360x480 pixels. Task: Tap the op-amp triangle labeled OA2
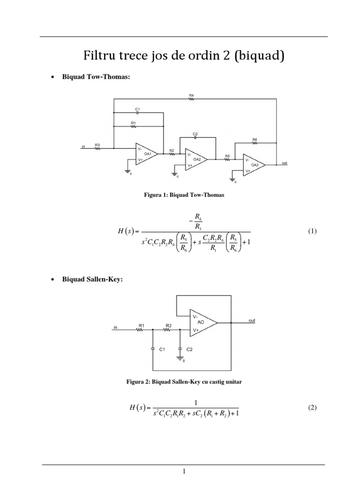coord(196,159)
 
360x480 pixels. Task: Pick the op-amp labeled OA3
coord(254,165)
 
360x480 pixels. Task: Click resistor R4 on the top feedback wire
coord(191,99)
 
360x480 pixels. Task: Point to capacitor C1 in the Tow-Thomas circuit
coord(137,112)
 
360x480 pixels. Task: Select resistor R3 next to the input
coord(97,149)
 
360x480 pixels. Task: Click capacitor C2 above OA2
coord(195,137)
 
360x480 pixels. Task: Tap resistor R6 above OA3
coord(255,143)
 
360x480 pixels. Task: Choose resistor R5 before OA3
coord(227,159)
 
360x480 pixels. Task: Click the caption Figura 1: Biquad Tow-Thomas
coord(184,195)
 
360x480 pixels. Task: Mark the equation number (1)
coord(313,231)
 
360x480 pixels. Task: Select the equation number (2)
coord(313,408)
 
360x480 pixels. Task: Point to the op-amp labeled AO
coord(202,323)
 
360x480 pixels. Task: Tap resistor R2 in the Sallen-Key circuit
coord(168,329)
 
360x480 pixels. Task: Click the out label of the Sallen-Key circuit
coord(252,321)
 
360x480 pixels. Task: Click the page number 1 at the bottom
coord(184,472)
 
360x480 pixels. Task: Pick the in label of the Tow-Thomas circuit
coord(83,147)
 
